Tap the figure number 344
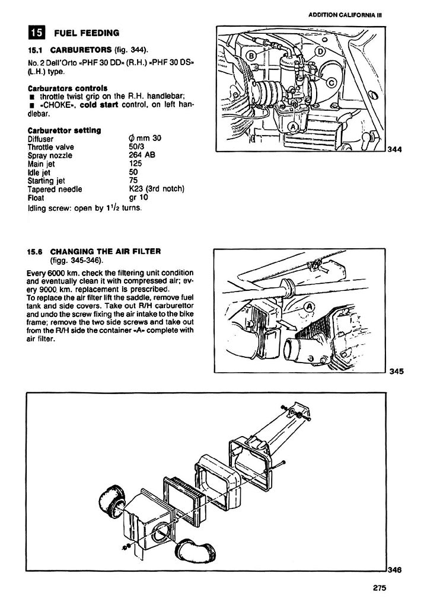(395, 149)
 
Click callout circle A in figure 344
(292, 126)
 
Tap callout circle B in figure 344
(251, 56)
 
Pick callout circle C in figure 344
(331, 82)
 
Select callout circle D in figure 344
(318, 52)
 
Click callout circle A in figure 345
(308, 306)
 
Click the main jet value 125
(136, 164)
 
